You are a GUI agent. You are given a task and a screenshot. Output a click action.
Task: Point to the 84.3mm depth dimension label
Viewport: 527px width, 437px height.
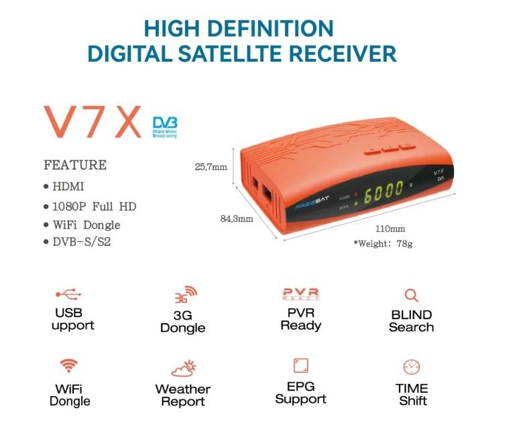237,218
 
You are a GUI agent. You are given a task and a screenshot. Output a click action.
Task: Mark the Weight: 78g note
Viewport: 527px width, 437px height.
383,243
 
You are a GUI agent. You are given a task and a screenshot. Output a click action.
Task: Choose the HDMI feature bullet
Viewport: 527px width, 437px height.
68,187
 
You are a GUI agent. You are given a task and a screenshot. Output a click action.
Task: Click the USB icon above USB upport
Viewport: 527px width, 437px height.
70,294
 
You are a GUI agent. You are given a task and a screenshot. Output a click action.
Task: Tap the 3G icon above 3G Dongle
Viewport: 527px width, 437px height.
186,295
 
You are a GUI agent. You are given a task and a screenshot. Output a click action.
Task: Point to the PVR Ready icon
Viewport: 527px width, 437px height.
301,294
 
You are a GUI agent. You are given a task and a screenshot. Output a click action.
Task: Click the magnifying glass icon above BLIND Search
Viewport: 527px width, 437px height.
411,295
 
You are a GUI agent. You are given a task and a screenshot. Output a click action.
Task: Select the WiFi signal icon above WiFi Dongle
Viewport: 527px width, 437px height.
68,366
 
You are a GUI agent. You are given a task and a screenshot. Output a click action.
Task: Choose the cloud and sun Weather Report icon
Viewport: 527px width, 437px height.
183,368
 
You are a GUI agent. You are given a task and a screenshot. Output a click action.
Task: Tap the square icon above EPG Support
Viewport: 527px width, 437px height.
300,365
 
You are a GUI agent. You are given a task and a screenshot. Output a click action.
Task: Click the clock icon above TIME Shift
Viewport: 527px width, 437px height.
412,367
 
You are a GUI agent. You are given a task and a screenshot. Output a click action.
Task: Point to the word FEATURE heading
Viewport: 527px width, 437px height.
75,165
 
